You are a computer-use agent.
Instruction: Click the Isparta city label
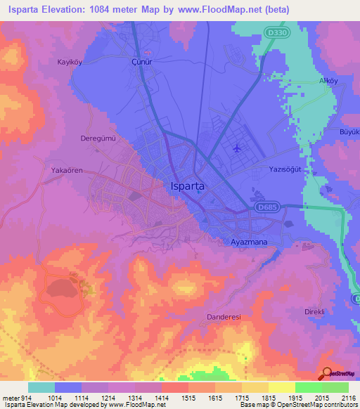(188, 186)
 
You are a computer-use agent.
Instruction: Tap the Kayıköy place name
(70, 62)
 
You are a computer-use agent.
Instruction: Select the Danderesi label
(225, 317)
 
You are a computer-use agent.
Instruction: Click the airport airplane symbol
(236, 148)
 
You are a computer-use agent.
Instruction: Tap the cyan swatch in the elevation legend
(41, 387)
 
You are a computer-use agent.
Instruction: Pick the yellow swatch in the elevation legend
(282, 387)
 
